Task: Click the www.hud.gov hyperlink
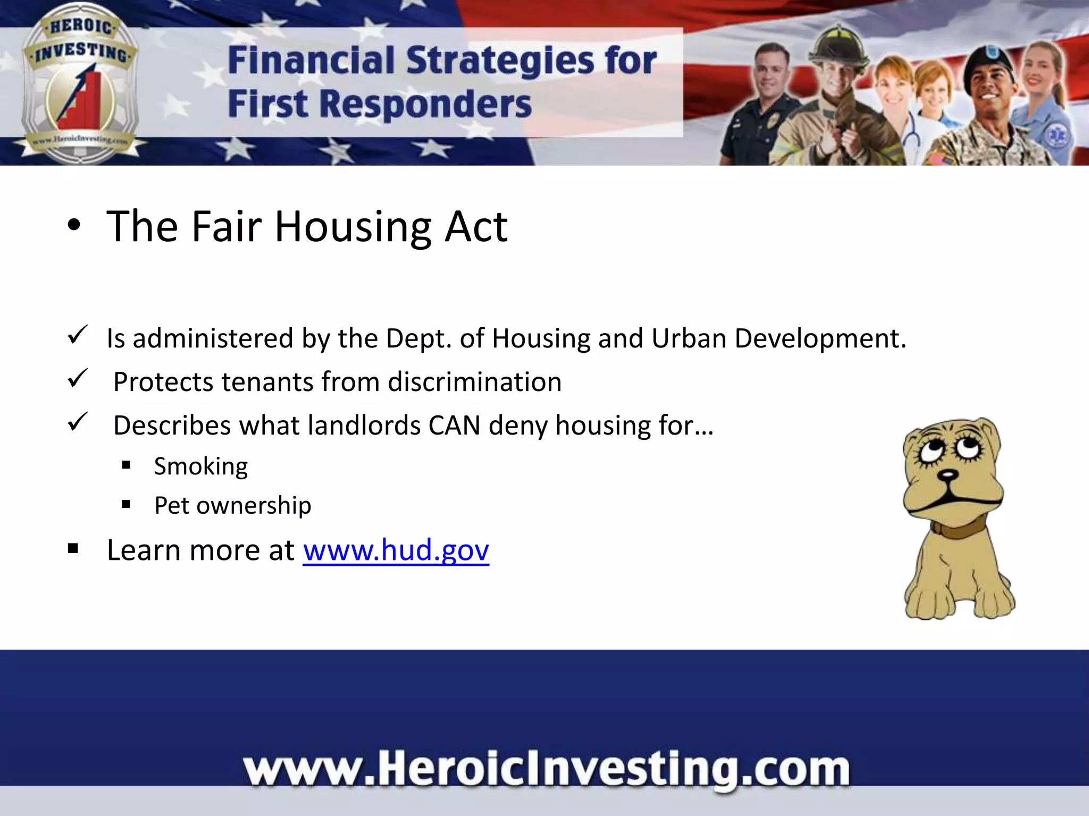point(396,550)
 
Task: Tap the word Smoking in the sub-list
point(201,467)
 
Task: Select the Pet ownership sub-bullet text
point(232,506)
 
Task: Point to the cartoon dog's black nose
point(947,474)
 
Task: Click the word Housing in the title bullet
point(353,227)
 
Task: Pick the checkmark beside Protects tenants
point(78,379)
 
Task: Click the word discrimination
point(474,382)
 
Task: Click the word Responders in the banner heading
point(425,104)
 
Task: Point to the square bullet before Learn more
point(73,549)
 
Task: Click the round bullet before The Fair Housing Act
point(74,226)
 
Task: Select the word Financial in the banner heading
point(311,60)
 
